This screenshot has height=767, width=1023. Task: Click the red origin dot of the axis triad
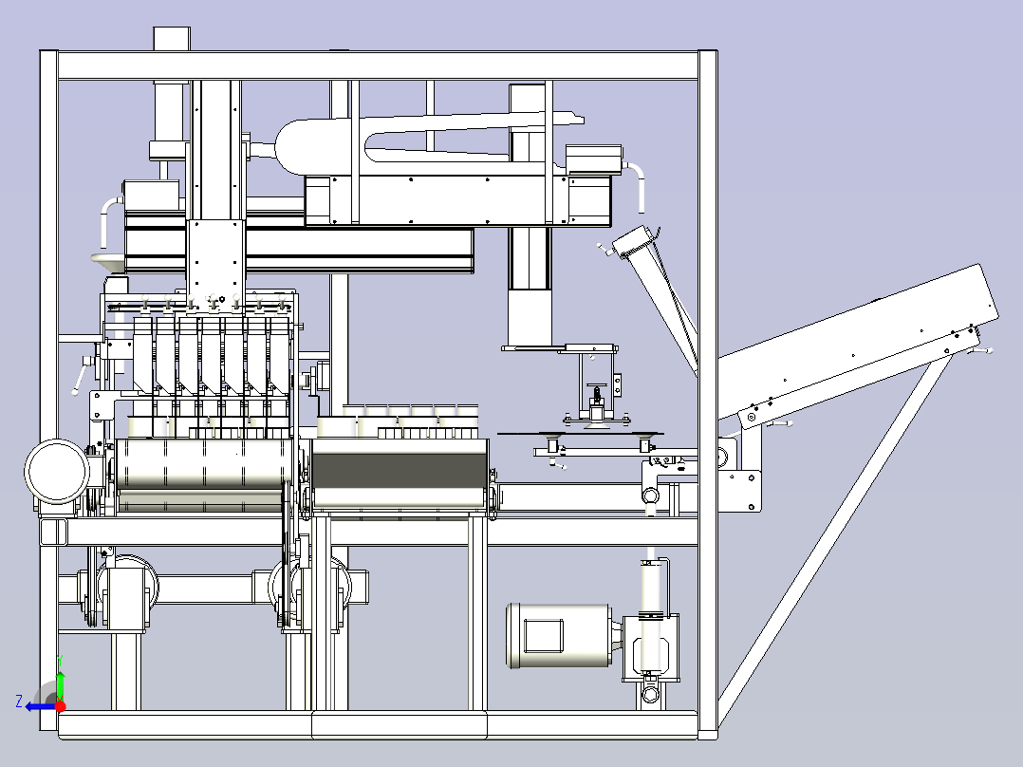60,706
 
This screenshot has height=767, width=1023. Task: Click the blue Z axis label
19,702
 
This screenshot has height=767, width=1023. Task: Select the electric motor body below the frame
560,636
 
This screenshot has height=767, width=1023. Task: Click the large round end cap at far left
57,471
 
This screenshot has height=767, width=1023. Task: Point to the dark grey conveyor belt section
400,470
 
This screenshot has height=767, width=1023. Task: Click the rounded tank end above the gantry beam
290,147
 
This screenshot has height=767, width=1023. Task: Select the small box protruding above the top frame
172,39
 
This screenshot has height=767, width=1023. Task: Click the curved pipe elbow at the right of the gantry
636,183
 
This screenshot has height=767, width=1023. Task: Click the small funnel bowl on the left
107,260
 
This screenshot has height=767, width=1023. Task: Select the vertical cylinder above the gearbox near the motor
650,614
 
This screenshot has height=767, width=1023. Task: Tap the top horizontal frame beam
379,65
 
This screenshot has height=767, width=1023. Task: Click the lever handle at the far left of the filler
80,378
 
